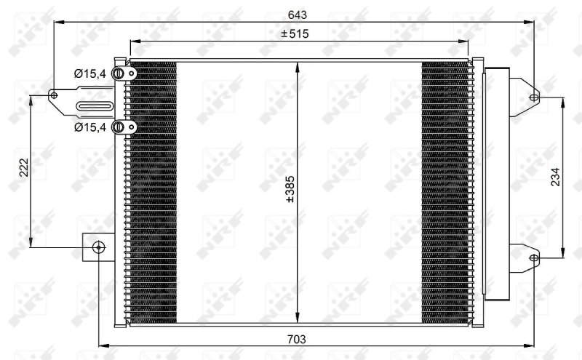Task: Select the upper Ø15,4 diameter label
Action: tap(90, 73)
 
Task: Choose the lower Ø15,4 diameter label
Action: tap(90, 127)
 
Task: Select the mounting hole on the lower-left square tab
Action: tap(100, 247)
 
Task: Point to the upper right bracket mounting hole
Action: tap(533, 97)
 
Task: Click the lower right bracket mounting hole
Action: tap(533, 257)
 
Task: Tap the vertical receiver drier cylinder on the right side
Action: tap(496, 182)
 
